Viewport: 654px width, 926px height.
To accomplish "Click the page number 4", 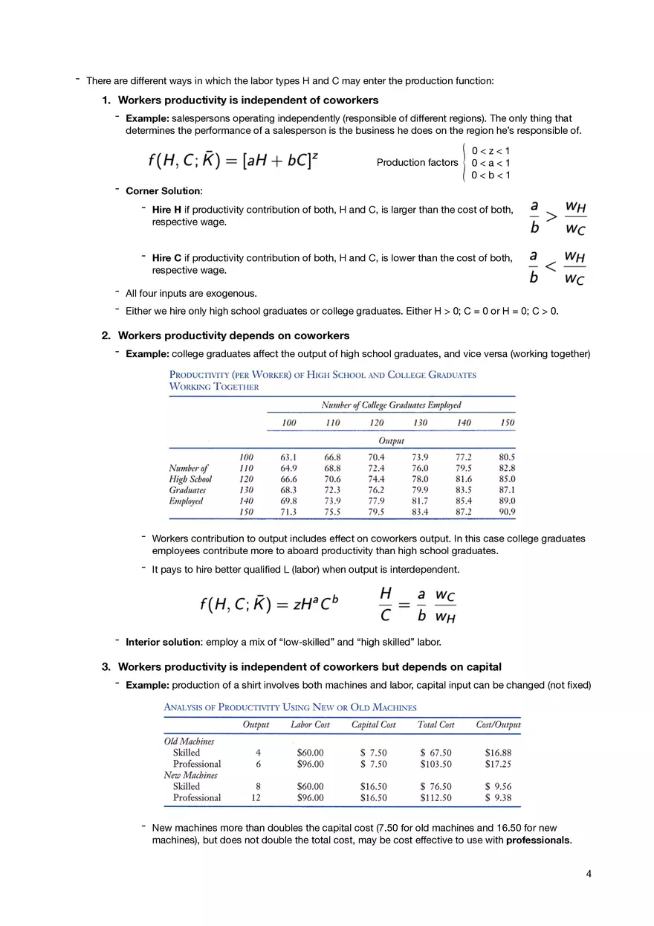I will (x=589, y=874).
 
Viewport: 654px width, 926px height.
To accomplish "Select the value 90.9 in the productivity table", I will (x=507, y=512).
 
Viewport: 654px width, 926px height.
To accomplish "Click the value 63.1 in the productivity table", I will (x=288, y=457).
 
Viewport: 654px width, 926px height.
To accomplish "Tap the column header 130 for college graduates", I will (x=420, y=422).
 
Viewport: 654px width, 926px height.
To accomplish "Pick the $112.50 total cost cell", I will (x=436, y=797).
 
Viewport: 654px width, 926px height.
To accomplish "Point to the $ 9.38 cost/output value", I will (x=497, y=797).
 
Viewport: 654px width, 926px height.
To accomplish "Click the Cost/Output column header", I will (x=498, y=724).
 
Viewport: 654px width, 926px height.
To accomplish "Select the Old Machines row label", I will (x=189, y=741).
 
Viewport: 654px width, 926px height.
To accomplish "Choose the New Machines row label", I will (x=190, y=775).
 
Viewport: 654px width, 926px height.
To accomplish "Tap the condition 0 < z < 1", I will (x=490, y=150).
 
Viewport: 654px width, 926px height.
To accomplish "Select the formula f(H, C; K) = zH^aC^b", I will (x=269, y=604).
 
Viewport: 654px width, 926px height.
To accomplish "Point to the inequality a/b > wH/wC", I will (x=557, y=215).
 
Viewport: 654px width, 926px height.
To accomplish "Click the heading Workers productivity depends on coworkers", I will (x=233, y=335).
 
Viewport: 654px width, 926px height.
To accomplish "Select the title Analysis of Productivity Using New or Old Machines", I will (x=290, y=707).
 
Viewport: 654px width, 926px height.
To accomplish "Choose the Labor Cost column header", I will (x=310, y=724).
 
